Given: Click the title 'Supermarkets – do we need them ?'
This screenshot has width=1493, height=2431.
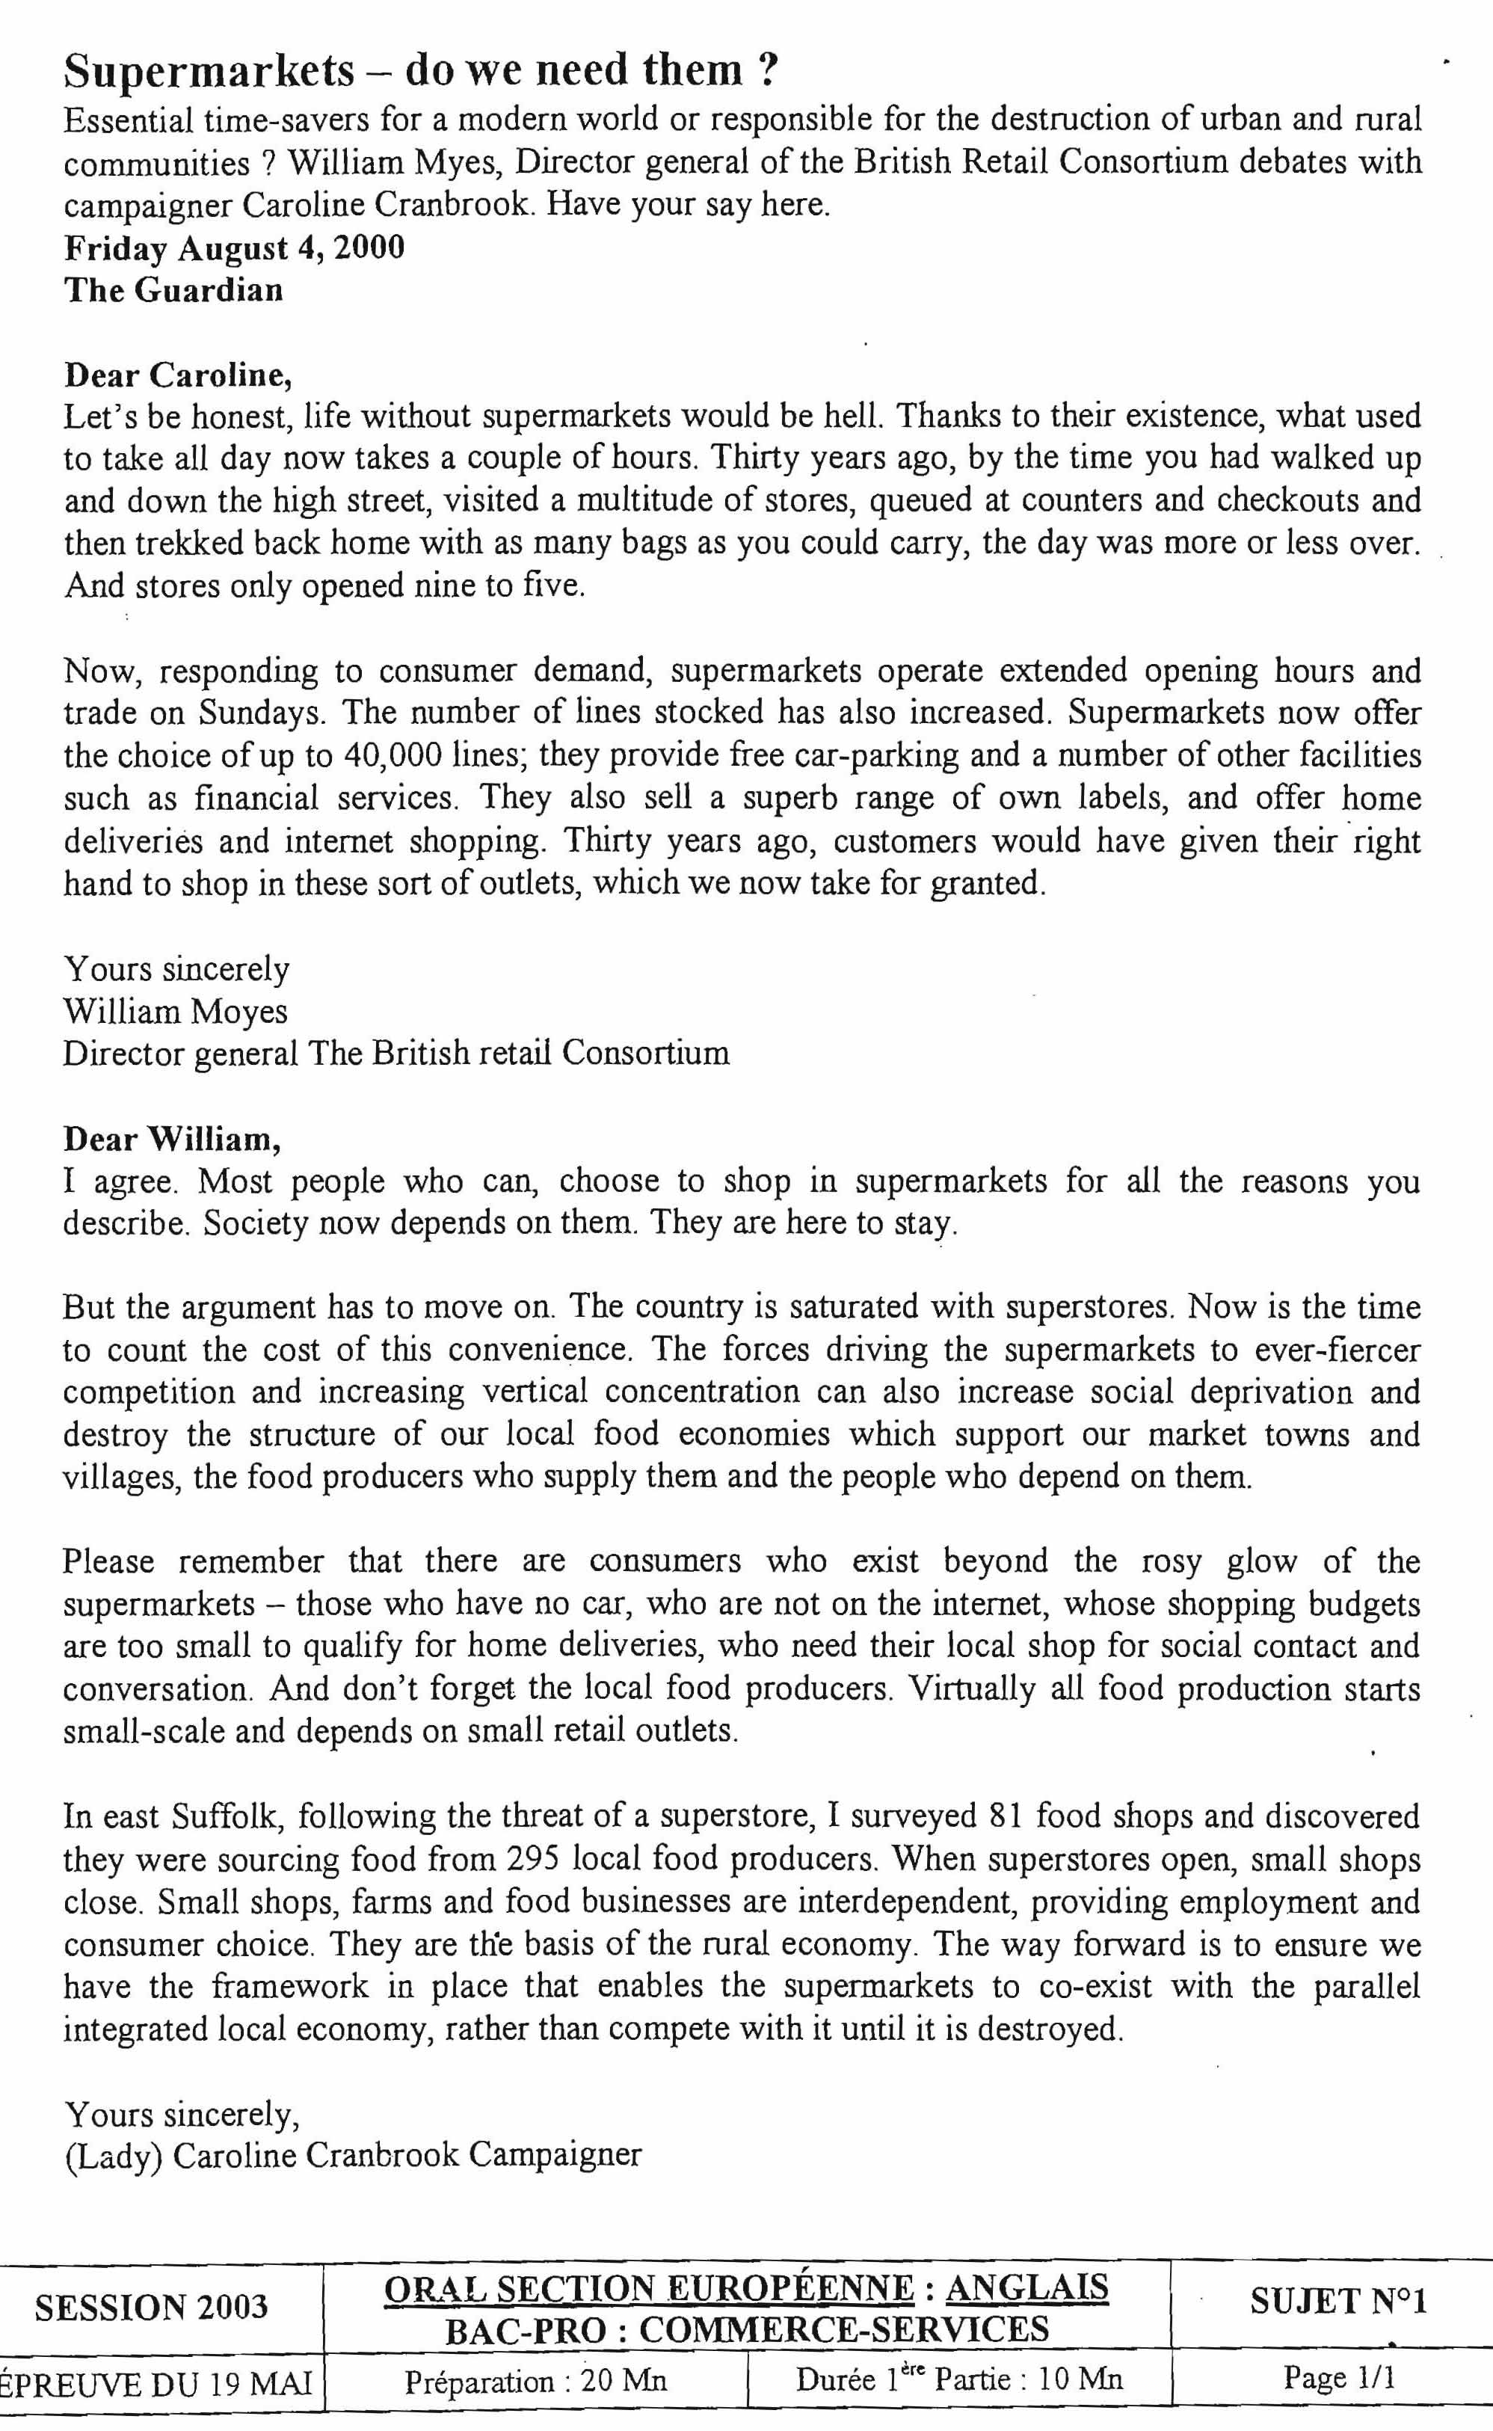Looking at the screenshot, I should (x=421, y=71).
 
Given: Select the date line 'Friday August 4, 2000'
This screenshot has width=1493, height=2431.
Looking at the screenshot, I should (x=235, y=247).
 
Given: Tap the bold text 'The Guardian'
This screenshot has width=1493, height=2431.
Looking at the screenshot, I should (x=173, y=289).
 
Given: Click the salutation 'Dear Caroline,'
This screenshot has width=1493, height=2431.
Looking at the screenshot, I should (x=179, y=375).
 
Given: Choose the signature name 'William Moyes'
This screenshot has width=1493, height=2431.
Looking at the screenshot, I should (x=176, y=1011).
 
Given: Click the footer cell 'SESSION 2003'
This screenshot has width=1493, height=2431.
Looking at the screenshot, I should (x=151, y=2307).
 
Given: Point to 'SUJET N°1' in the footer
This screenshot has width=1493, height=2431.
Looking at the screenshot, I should (x=1338, y=2302).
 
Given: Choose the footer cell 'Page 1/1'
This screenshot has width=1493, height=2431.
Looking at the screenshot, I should (x=1338, y=2378).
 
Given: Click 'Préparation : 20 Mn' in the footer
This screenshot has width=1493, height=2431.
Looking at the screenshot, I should (x=536, y=2381).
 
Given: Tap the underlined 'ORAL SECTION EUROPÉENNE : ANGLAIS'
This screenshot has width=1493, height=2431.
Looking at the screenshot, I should (x=746, y=2289).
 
